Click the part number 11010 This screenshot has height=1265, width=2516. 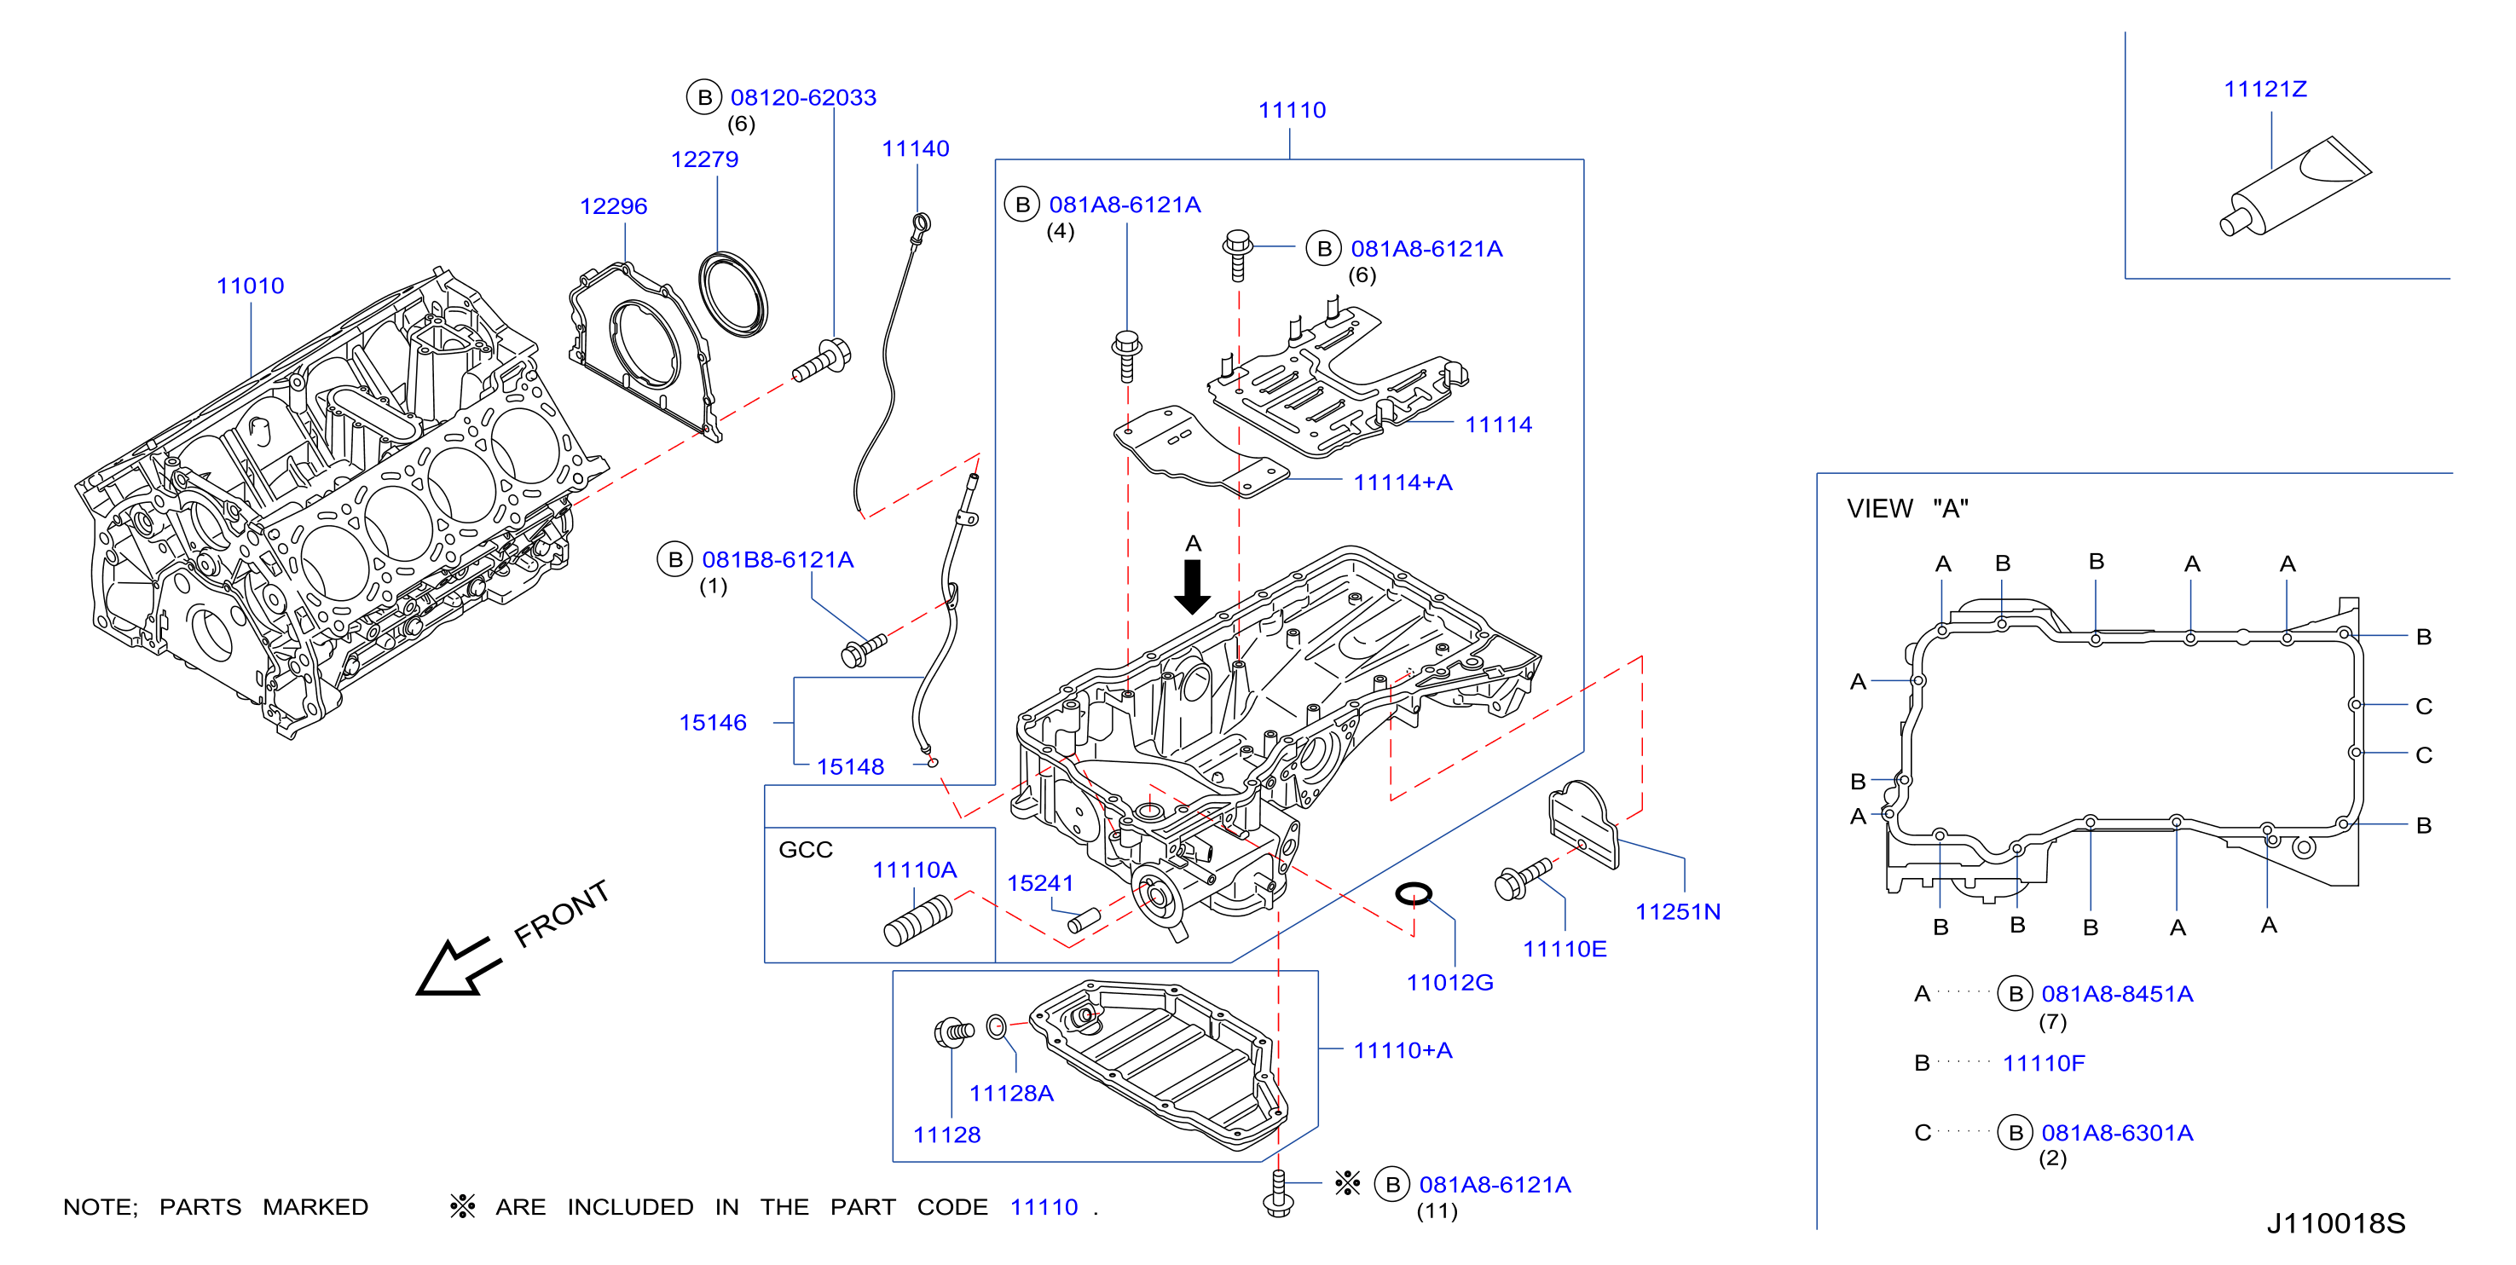click(x=250, y=286)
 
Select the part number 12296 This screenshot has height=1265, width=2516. click(x=613, y=206)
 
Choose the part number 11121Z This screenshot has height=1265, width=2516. click(x=2265, y=89)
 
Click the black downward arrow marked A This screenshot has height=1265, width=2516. click(x=1193, y=586)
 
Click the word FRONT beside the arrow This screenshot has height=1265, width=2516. click(x=562, y=912)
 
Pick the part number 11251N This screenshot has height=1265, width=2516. click(x=1678, y=911)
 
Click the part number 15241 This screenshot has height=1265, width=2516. click(x=1040, y=883)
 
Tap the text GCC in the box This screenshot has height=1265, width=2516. click(x=806, y=850)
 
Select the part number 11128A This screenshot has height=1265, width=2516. click(x=1011, y=1093)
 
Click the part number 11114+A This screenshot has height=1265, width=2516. click(x=1403, y=482)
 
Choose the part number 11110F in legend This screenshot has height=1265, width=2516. click(x=2044, y=1063)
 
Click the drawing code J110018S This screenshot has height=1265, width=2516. click(x=2335, y=1223)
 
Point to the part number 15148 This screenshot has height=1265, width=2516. click(x=850, y=767)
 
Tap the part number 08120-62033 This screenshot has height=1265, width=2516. click(x=803, y=98)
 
